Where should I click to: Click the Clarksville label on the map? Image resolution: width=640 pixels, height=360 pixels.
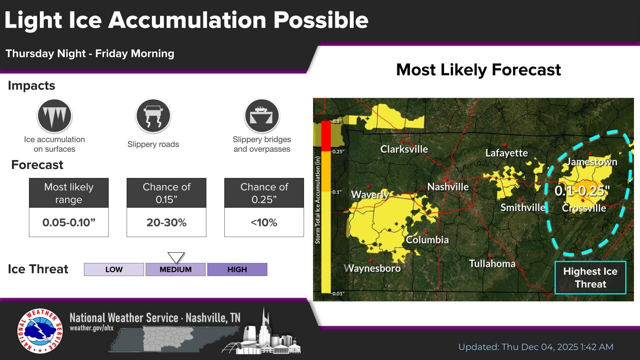[x=404, y=149]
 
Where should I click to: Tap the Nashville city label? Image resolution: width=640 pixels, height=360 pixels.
[x=448, y=187]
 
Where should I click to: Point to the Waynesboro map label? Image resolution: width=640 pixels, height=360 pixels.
[x=372, y=268]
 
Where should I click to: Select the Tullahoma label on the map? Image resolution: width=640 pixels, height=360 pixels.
[x=492, y=264]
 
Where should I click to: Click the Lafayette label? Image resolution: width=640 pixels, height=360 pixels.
[x=506, y=153]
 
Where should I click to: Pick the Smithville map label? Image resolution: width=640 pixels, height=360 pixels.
[x=522, y=207]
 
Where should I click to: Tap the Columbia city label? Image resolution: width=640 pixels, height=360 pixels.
[x=427, y=240]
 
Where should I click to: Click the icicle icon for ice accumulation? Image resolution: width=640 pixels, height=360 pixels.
[x=54, y=116]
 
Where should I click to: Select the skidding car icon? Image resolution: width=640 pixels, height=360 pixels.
[x=153, y=116]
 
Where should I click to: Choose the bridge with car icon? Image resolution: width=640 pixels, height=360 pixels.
[x=262, y=116]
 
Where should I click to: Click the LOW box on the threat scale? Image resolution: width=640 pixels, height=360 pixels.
[x=114, y=269]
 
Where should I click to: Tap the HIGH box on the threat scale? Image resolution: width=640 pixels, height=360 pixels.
[x=237, y=269]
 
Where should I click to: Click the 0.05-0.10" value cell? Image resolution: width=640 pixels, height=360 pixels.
[x=69, y=222]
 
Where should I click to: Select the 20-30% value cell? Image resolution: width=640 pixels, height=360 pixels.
[x=166, y=222]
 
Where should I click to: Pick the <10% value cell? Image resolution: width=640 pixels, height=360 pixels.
[x=264, y=222]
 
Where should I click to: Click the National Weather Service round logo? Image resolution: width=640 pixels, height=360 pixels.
[x=40, y=331]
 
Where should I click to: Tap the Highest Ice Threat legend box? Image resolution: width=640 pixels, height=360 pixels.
[x=590, y=278]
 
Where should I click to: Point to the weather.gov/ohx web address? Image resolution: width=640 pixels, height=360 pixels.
[x=92, y=328]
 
